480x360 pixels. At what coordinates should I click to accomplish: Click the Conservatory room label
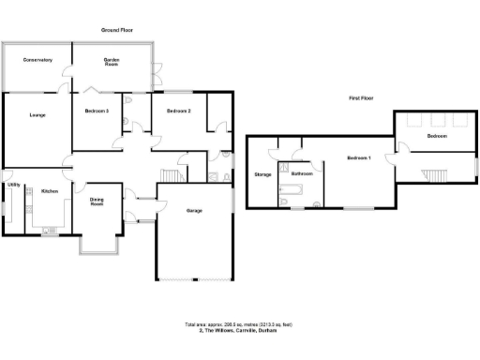pos(38,60)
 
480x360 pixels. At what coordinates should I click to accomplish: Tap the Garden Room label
pos(117,62)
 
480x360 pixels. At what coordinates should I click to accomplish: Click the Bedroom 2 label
pos(179,112)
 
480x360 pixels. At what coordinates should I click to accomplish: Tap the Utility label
pos(14,185)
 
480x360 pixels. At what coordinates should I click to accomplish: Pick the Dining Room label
pos(97,202)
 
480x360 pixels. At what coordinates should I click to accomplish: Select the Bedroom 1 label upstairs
pos(359,157)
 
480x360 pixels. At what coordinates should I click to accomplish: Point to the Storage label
pos(262,174)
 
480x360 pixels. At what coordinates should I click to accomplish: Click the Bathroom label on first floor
pos(301,173)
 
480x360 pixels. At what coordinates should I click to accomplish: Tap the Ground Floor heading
pos(120,31)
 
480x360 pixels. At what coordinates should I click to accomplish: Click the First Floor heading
pos(363,97)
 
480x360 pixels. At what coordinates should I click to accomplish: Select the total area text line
pos(240,325)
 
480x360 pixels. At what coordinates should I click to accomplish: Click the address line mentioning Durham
pos(240,331)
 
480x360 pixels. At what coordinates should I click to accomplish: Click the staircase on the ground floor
pos(171,176)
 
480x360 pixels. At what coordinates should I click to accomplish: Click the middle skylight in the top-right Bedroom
pos(434,120)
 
